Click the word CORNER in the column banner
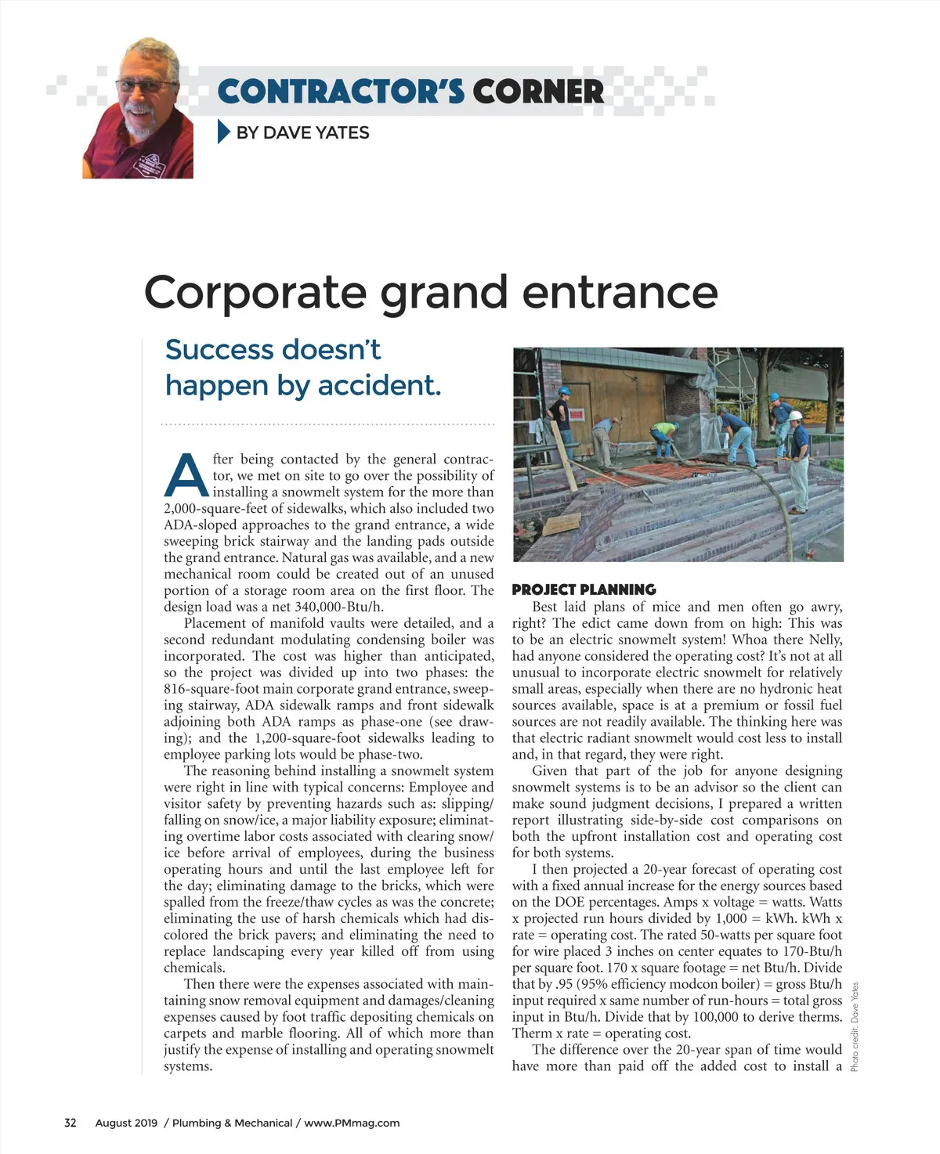coord(537,92)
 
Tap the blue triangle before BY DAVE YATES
coord(224,132)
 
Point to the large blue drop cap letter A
coord(186,475)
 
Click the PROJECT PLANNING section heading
coord(584,590)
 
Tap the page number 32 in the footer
coord(70,1123)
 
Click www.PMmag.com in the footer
coord(352,1123)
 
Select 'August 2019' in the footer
coord(126,1123)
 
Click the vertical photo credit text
coord(855,1026)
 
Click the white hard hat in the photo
coord(794,416)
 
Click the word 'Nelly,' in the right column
coord(825,640)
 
